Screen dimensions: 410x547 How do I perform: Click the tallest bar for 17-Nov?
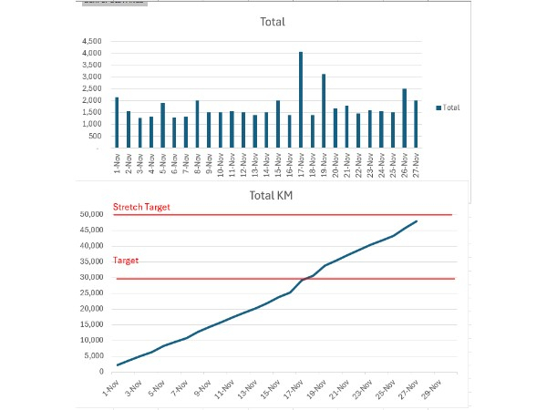click(301, 99)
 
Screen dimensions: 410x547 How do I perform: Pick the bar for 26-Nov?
click(404, 118)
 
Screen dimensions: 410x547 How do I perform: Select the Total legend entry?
click(448, 108)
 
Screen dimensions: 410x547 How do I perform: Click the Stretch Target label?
click(142, 208)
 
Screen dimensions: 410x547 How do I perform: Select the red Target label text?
click(127, 261)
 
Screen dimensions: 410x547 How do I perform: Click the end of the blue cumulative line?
click(418, 220)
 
